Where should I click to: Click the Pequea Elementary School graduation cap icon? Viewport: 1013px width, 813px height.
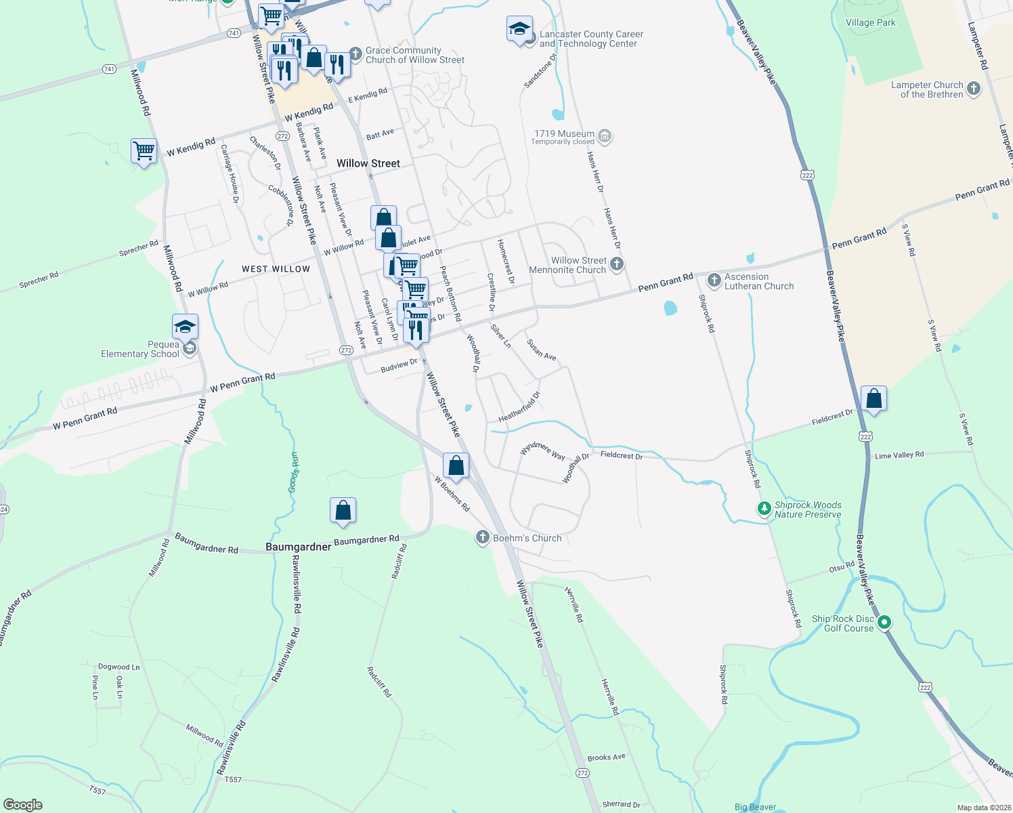[185, 327]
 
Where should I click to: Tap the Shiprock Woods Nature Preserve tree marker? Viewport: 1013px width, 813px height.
[764, 508]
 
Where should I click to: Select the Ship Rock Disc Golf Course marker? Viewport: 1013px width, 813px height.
[884, 622]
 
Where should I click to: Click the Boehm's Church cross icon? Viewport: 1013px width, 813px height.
[482, 538]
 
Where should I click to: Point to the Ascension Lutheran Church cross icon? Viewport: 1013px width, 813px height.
[714, 280]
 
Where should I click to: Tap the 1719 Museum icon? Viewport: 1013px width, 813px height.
[605, 137]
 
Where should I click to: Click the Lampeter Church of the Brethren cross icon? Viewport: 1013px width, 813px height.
[973, 88]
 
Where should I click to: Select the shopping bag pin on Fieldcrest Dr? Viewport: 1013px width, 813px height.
[874, 399]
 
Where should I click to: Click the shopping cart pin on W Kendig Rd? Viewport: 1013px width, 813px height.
[144, 151]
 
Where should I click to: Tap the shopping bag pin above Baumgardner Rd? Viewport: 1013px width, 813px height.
[343, 510]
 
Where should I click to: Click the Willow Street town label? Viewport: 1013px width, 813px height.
[368, 163]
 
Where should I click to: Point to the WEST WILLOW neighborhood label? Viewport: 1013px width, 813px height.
[276, 269]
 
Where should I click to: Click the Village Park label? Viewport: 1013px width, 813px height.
[870, 22]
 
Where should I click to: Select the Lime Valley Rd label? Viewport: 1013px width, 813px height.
[899, 455]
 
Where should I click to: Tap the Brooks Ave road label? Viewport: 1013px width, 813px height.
[606, 757]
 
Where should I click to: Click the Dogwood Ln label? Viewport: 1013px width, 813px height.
[118, 667]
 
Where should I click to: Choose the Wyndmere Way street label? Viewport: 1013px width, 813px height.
[542, 451]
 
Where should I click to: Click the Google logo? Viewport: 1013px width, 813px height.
[23, 804]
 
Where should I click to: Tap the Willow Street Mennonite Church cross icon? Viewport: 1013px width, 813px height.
[616, 264]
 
